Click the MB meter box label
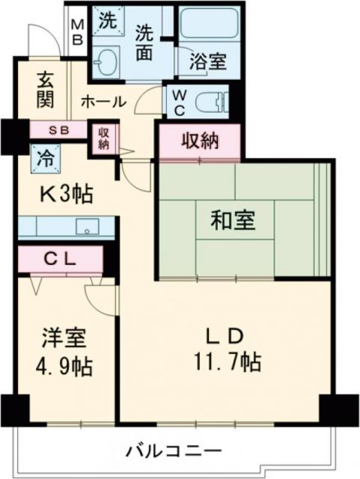[x=77, y=31]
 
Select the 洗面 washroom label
[x=146, y=43]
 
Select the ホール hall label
[x=102, y=101]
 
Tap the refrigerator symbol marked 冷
[x=44, y=158]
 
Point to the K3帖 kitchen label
[x=66, y=194]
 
